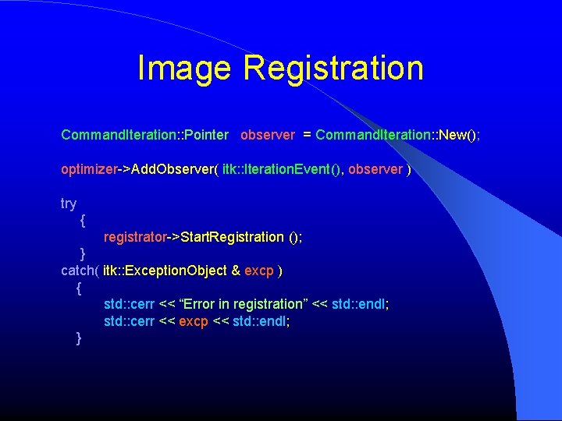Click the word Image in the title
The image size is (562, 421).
pyautogui.click(x=184, y=68)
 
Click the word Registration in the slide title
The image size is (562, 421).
pyautogui.click(x=333, y=68)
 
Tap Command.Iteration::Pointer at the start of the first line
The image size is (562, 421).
pyautogui.click(x=144, y=135)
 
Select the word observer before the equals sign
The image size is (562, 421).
pyautogui.click(x=268, y=135)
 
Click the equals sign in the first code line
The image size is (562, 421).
pyautogui.click(x=308, y=135)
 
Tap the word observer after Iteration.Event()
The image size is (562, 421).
pyautogui.click(x=375, y=169)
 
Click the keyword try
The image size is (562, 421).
pyautogui.click(x=69, y=204)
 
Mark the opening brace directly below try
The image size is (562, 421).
pyautogui.click(x=83, y=221)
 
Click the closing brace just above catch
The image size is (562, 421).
pyautogui.click(x=83, y=254)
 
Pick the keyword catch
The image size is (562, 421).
pyautogui.click(x=78, y=271)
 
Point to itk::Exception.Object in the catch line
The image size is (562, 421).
pyautogui.click(x=165, y=271)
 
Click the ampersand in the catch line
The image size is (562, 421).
pyautogui.click(x=236, y=271)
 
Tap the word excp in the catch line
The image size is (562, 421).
pyautogui.click(x=259, y=271)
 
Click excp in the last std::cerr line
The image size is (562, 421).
pyautogui.click(x=194, y=320)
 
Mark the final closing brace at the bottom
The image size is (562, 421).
pyautogui.click(x=79, y=337)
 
